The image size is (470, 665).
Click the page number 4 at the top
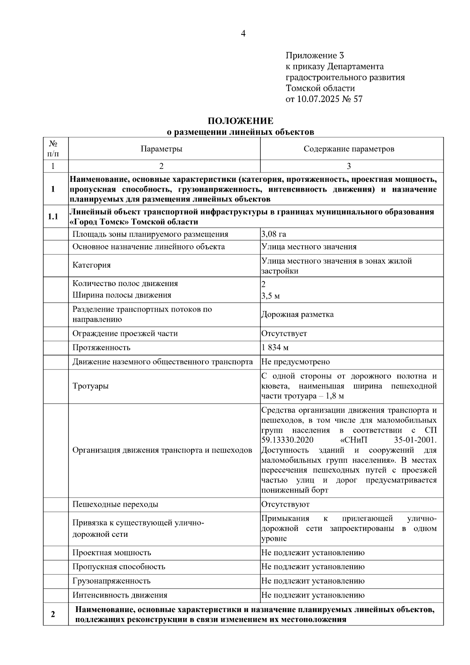(x=243, y=34)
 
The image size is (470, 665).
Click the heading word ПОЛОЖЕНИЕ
(x=240, y=121)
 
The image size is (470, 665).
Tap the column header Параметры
(x=161, y=149)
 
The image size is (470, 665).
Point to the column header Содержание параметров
(x=349, y=149)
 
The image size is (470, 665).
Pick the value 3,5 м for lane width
(x=271, y=296)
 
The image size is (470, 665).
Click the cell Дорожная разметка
(x=297, y=315)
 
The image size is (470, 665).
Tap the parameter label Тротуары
(x=90, y=386)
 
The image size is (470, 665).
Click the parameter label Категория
(x=92, y=265)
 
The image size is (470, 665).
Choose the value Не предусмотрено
(x=295, y=362)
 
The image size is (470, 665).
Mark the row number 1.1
(x=53, y=217)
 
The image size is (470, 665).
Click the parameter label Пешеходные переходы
(x=115, y=504)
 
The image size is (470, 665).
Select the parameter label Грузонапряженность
(x=111, y=581)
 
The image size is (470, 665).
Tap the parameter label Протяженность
(x=101, y=348)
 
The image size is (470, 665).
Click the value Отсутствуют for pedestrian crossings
(x=285, y=504)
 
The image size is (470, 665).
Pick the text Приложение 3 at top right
(x=315, y=56)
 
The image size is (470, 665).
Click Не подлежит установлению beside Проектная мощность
(x=313, y=553)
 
